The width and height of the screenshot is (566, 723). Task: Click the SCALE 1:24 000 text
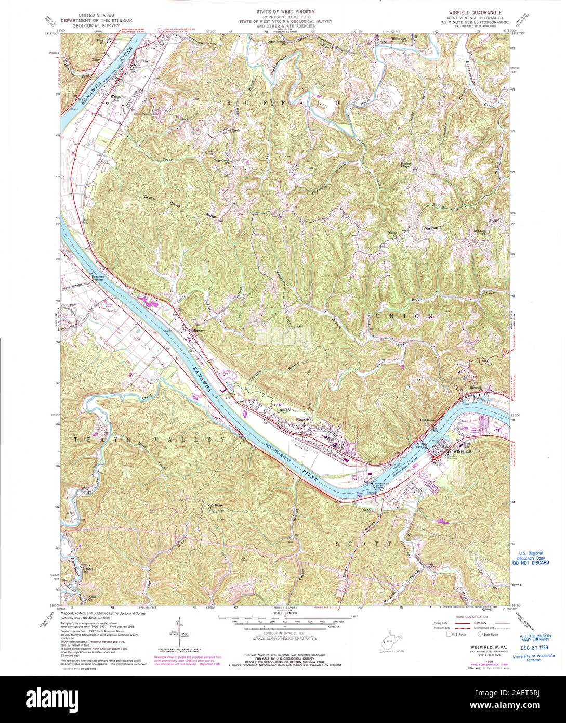tap(283, 612)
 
